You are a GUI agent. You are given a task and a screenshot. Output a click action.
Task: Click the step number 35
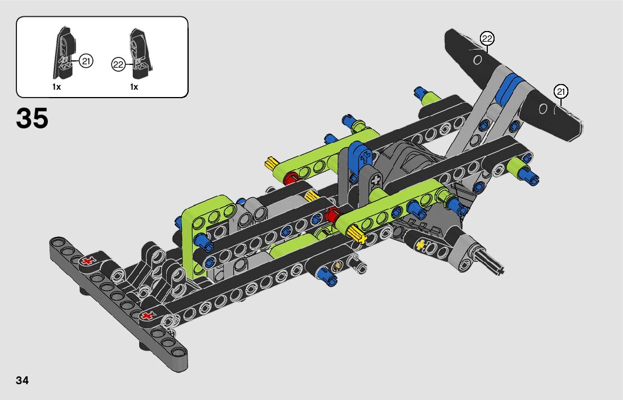pos(32,118)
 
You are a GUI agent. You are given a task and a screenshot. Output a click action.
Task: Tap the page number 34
pos(23,380)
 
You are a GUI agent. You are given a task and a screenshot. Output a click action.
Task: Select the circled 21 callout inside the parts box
pos(86,61)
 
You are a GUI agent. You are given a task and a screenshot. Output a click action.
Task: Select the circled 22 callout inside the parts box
pos(118,64)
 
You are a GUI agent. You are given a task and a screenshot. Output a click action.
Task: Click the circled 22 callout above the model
pos(487,38)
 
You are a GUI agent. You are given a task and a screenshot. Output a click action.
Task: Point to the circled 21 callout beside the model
pos(560,92)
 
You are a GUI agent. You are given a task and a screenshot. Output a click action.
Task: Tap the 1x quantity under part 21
pos(56,87)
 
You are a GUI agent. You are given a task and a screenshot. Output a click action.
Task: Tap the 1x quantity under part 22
pos(134,87)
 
